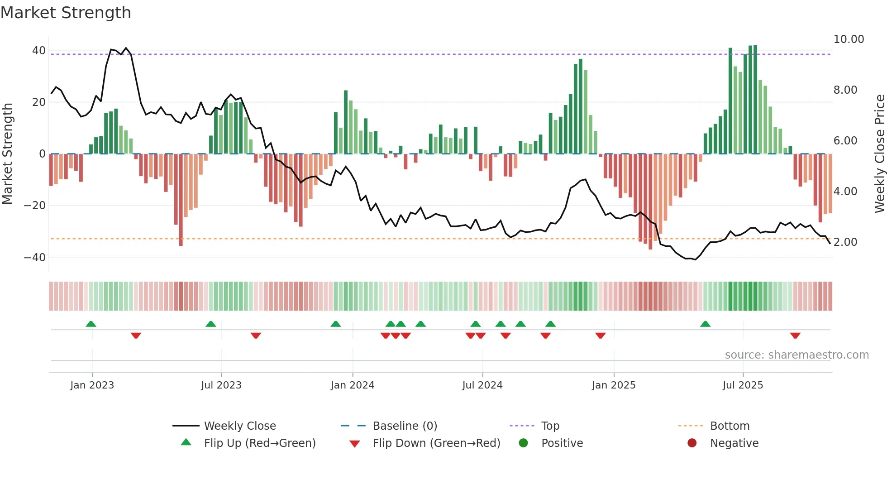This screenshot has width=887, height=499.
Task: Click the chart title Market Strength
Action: (x=66, y=13)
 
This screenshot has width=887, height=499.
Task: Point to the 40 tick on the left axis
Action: (x=39, y=51)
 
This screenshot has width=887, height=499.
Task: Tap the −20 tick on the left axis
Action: (x=35, y=206)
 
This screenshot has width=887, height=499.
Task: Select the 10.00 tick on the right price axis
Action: (x=849, y=39)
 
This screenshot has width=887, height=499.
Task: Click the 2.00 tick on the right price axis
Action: (x=845, y=242)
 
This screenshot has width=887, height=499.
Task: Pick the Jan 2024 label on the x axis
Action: (x=353, y=385)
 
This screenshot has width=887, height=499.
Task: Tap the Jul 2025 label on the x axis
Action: (x=743, y=385)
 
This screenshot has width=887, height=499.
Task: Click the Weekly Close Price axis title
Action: (x=879, y=154)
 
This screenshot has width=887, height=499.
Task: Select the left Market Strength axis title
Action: (x=7, y=154)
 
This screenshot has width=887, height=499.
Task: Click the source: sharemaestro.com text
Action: (x=796, y=355)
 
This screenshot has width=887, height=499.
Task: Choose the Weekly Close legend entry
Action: (x=239, y=426)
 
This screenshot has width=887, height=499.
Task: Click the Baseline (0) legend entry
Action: (x=405, y=426)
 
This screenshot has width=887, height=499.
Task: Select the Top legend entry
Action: (x=550, y=426)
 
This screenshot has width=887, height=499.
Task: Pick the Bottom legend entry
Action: (x=730, y=426)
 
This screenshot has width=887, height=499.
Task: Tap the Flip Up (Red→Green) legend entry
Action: (x=259, y=443)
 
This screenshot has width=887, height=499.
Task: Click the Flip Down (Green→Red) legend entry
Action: (x=436, y=443)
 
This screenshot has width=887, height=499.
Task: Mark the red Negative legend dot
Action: (x=692, y=443)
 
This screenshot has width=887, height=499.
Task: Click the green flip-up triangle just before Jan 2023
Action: (x=91, y=324)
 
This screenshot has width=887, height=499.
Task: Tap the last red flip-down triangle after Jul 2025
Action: (x=795, y=336)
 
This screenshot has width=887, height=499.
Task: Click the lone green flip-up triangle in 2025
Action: (x=705, y=324)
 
